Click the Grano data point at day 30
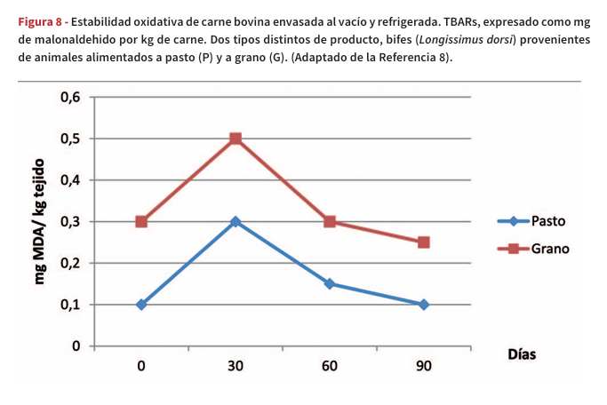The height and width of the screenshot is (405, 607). pyautogui.click(x=236, y=139)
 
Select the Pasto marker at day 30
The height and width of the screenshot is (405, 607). pyautogui.click(x=236, y=221)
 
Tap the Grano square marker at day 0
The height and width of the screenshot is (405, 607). pyautogui.click(x=141, y=221)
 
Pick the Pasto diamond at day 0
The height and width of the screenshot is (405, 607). pyautogui.click(x=141, y=305)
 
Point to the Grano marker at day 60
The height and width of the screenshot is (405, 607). pyautogui.click(x=330, y=221)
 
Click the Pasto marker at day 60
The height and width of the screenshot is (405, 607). pyautogui.click(x=330, y=284)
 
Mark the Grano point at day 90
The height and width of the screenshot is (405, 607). pyautogui.click(x=424, y=242)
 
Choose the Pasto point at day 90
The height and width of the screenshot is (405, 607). pyautogui.click(x=424, y=305)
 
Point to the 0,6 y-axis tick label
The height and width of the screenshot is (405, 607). pyautogui.click(x=71, y=98)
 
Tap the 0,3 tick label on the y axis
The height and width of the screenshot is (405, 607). pyautogui.click(x=71, y=222)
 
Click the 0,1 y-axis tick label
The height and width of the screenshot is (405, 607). pyautogui.click(x=71, y=305)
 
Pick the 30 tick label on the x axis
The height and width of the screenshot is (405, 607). pyautogui.click(x=236, y=367)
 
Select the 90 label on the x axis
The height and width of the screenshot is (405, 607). pyautogui.click(x=424, y=367)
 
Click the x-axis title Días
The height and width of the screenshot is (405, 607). pyautogui.click(x=522, y=353)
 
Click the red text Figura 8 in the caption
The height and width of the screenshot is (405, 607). pyautogui.click(x=40, y=21)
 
